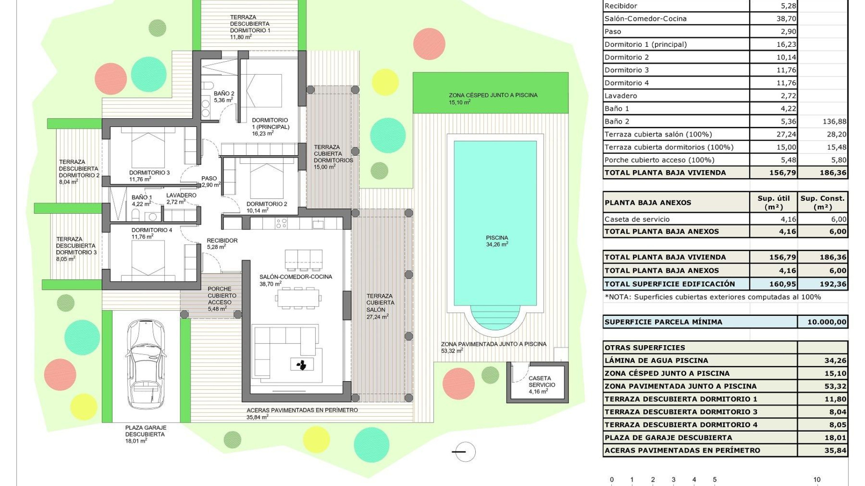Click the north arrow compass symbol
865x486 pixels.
point(464,451)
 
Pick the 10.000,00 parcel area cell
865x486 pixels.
point(822,322)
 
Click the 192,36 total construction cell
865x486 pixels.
point(822,284)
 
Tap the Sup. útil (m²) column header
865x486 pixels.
point(773,202)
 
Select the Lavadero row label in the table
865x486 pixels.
point(621,96)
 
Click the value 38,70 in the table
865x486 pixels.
point(786,19)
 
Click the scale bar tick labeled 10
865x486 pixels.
point(816,480)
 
